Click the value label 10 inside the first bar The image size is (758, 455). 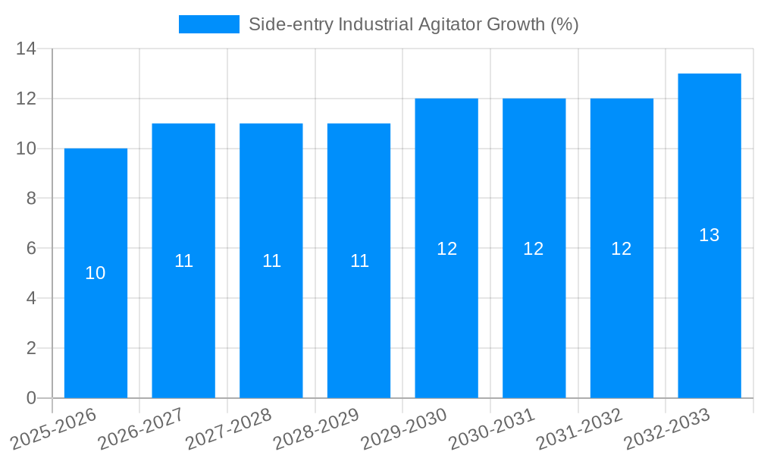pos(96,273)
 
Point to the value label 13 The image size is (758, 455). pos(709,236)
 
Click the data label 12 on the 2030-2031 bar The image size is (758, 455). pos(534,249)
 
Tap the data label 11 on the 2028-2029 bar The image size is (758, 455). pos(359,261)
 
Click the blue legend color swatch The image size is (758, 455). pos(208,24)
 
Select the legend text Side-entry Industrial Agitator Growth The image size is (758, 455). pos(413,24)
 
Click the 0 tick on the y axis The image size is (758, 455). pos(31,398)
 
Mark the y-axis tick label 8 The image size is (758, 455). pos(31,199)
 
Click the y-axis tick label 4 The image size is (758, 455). pos(31,298)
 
